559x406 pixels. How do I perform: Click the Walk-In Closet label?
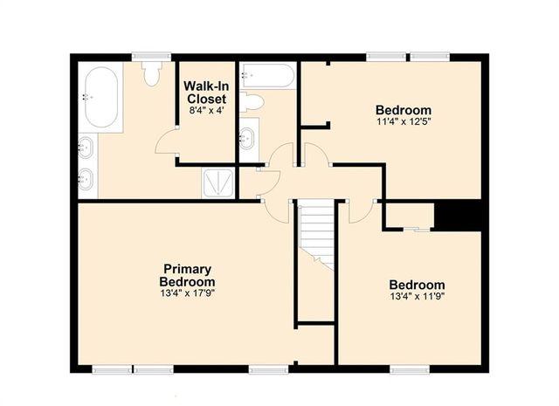pyautogui.click(x=206, y=93)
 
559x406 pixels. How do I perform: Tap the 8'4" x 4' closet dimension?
pyautogui.click(x=206, y=111)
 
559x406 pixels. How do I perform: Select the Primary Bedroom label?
pyautogui.click(x=187, y=275)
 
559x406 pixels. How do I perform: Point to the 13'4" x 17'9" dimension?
pyautogui.click(x=187, y=293)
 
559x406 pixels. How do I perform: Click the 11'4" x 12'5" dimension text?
pyautogui.click(x=404, y=122)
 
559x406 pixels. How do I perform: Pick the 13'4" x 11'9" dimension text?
pyautogui.click(x=417, y=296)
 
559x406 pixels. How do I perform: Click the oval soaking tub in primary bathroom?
pyautogui.click(x=101, y=97)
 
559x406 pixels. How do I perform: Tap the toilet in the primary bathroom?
pyautogui.click(x=151, y=74)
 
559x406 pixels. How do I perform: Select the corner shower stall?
pyautogui.click(x=217, y=183)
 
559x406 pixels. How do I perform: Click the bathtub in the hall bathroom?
pyautogui.click(x=268, y=75)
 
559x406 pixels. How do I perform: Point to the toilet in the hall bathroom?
pyautogui.click(x=252, y=102)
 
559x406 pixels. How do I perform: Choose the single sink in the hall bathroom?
pyautogui.click(x=246, y=139)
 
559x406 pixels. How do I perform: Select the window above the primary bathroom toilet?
pyautogui.click(x=151, y=57)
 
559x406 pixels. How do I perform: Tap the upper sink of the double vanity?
pyautogui.click(x=86, y=147)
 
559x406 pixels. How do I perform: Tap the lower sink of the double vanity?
pyautogui.click(x=86, y=179)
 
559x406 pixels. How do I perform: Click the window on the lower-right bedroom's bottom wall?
pyautogui.click(x=410, y=369)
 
